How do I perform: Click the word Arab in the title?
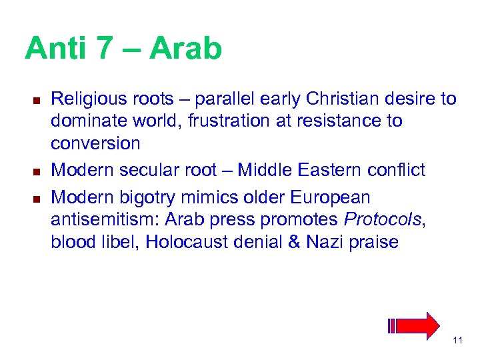tap(185, 49)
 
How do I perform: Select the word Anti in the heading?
tap(58, 49)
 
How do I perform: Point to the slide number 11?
tap(457, 341)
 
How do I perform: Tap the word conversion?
tap(95, 143)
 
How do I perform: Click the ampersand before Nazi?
tap(295, 241)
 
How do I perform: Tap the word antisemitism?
tap(105, 219)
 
